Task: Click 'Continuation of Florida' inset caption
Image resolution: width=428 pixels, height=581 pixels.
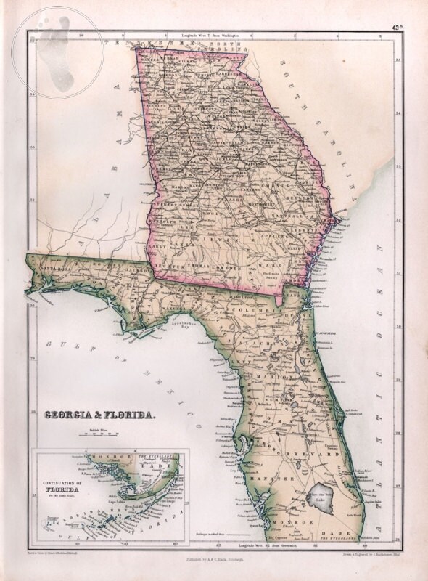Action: (x=59, y=486)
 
